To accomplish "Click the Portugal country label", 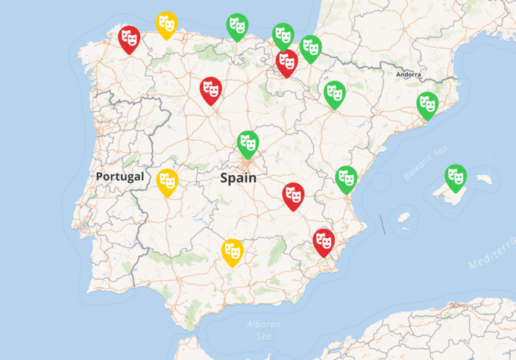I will pos(119,177).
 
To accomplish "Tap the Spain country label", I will pos(238,178).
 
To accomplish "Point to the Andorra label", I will pos(409,75).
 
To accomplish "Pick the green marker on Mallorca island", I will pos(456,177).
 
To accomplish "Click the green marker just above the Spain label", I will pos(248,142).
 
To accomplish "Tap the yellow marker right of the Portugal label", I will pos(168,180).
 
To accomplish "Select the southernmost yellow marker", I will pos(233,250).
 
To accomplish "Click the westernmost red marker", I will pos(130,38).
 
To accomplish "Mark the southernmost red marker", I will pos(324,241).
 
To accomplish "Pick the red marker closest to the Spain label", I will pos(293,195).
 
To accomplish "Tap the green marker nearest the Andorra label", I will pos(427,104).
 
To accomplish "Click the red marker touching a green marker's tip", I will pos(286,61).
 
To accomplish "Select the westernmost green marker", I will pos(237,25).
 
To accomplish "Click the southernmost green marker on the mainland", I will pos(346,178).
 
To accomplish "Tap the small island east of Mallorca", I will pos(485,179).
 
